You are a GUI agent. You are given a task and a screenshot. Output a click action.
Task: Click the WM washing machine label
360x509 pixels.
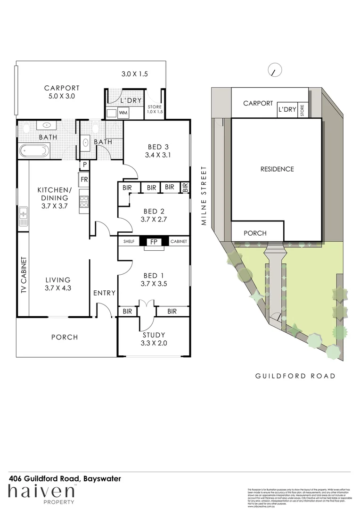[x=123, y=113]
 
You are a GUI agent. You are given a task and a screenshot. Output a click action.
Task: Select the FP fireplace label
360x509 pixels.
[x=153, y=242]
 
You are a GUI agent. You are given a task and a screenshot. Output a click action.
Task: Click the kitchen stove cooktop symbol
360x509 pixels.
[x=84, y=202]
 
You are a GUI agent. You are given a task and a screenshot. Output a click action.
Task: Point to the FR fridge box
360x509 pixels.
[x=84, y=180]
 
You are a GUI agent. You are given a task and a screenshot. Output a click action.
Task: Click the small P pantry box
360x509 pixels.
[x=84, y=164]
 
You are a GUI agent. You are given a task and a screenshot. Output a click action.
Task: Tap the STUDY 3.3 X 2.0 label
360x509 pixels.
[x=154, y=339]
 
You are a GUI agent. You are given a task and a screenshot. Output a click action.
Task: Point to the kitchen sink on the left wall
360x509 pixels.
[x=23, y=217]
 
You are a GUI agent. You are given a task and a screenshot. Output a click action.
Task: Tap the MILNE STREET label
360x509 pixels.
[x=205, y=196]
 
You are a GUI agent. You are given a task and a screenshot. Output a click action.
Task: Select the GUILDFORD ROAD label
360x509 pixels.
[x=295, y=376]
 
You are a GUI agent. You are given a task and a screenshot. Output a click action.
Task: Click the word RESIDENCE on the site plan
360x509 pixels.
[x=277, y=169]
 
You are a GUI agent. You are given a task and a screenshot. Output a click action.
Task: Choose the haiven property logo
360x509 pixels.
[x=41, y=494]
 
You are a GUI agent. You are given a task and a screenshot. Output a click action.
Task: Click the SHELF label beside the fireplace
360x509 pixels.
[x=129, y=242]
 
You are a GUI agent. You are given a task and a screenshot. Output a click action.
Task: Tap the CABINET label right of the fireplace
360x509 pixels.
[x=178, y=242]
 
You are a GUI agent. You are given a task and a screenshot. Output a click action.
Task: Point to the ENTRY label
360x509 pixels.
[x=104, y=293]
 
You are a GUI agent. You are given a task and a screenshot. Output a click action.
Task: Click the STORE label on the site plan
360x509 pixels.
[x=303, y=110]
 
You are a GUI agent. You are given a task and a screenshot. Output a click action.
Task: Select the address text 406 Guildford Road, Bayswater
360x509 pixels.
[x=65, y=478]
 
